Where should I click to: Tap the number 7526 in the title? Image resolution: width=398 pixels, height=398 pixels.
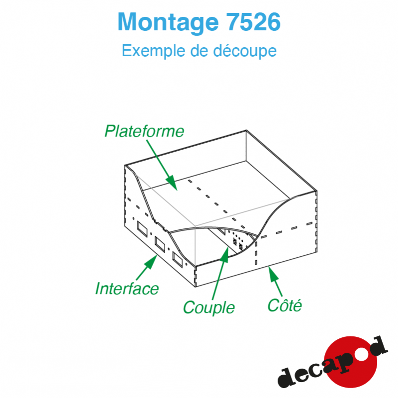click(x=253, y=22)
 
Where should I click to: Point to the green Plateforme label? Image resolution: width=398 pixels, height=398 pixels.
click(x=144, y=131)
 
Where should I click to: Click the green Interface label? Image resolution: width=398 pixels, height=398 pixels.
click(x=127, y=289)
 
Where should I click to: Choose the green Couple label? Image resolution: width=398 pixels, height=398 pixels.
click(x=208, y=307)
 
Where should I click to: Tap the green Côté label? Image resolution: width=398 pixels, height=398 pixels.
click(x=285, y=305)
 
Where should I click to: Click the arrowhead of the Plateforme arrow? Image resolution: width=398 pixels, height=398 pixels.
click(x=177, y=190)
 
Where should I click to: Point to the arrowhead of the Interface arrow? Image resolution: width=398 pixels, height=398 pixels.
click(x=157, y=255)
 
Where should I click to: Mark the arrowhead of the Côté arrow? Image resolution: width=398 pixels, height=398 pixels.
click(x=269, y=267)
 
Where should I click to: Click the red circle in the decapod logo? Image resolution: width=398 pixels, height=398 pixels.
click(x=350, y=362)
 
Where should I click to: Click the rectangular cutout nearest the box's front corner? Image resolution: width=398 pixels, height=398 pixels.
click(x=177, y=259)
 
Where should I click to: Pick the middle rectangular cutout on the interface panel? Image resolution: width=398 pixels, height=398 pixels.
click(x=160, y=244)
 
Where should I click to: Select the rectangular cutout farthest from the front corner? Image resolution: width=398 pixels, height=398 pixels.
click(x=142, y=229)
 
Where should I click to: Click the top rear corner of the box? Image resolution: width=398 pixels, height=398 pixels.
click(x=246, y=130)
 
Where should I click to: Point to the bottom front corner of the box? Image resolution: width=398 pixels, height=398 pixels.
click(x=196, y=287)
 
